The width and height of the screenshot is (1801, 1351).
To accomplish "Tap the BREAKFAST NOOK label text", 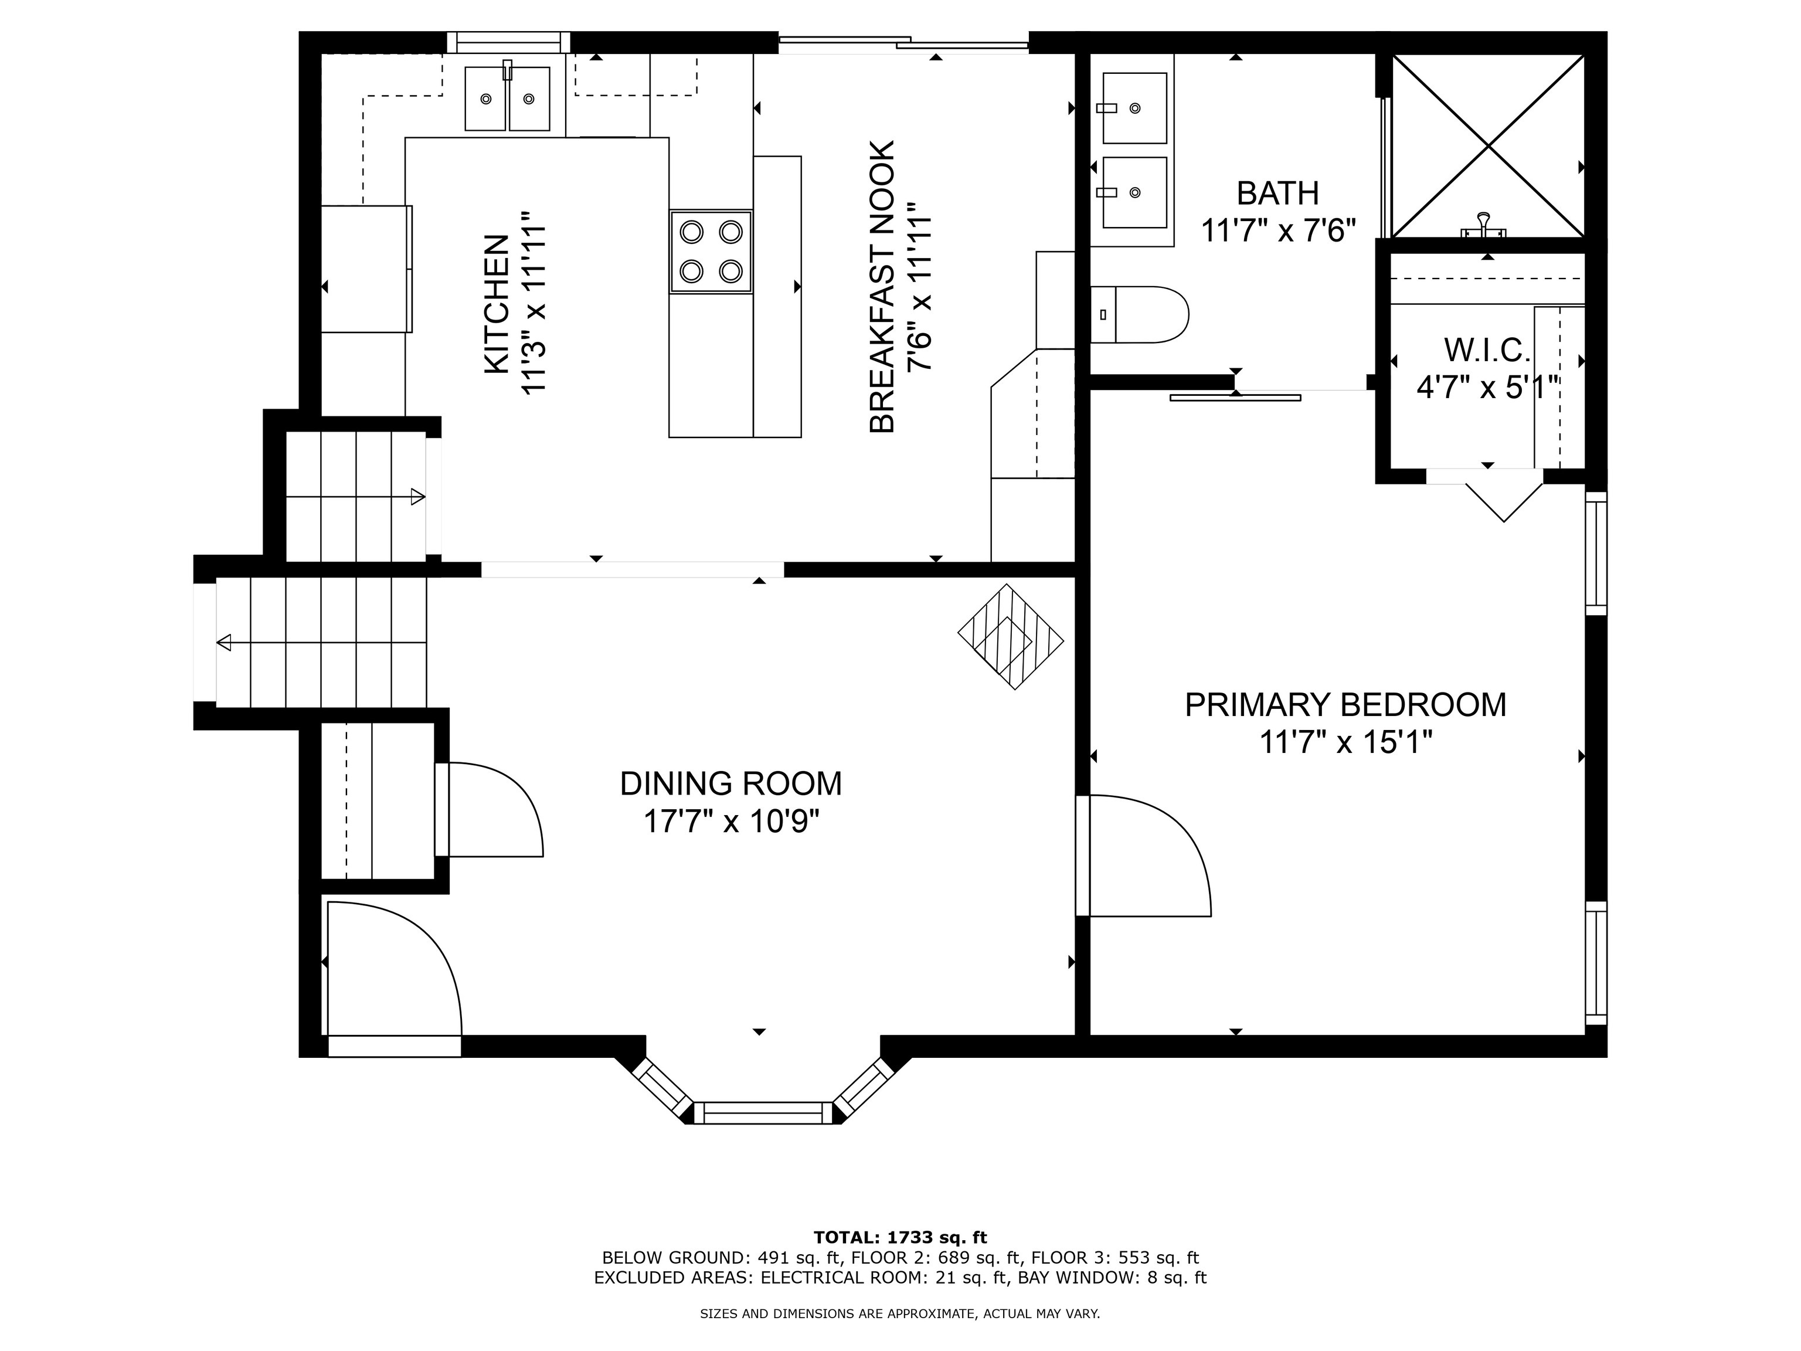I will coord(882,287).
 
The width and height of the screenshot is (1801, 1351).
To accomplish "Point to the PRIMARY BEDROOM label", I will coord(1345,704).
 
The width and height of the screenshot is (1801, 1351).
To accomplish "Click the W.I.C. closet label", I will coord(1487,350).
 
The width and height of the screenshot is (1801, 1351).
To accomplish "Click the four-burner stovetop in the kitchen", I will coord(711,252).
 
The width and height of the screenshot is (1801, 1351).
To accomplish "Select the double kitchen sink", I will coord(507,99).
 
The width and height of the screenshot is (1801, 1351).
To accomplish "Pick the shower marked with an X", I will coord(1487,147).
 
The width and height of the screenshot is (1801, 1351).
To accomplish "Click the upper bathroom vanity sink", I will coord(1134,107).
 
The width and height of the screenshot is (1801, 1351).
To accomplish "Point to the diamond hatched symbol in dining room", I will coord(1010,637).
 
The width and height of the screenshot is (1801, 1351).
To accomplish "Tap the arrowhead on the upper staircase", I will coord(417,497).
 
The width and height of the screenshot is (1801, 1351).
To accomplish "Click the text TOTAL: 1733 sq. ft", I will coord(900,1238).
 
